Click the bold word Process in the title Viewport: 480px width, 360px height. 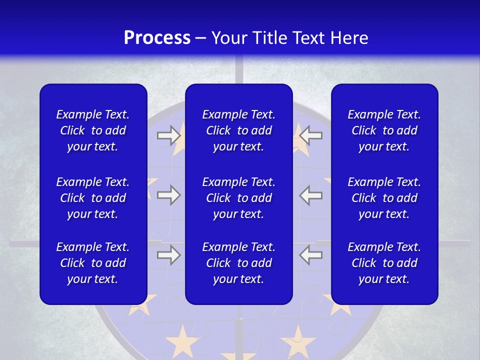pos(157,38)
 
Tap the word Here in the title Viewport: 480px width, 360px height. pos(349,38)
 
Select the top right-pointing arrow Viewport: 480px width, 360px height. pos(169,135)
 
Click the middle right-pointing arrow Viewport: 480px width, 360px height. pos(169,195)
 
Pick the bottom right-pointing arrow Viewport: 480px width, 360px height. pos(169,255)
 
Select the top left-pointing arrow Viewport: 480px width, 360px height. pos(311,135)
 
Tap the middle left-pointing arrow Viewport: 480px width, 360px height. pos(311,195)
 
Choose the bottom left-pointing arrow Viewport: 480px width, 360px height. pos(311,255)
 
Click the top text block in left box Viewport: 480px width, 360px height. pos(93,130)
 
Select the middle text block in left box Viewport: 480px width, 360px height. pos(93,198)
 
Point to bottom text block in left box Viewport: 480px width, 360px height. pos(93,263)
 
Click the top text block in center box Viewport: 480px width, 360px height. pos(238,130)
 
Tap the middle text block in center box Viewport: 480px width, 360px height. pos(238,198)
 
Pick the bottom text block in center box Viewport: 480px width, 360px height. pos(238,263)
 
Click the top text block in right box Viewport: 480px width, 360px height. pos(384,130)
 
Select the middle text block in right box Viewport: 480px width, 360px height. pos(384,198)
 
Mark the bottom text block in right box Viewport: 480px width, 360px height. pos(384,263)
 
